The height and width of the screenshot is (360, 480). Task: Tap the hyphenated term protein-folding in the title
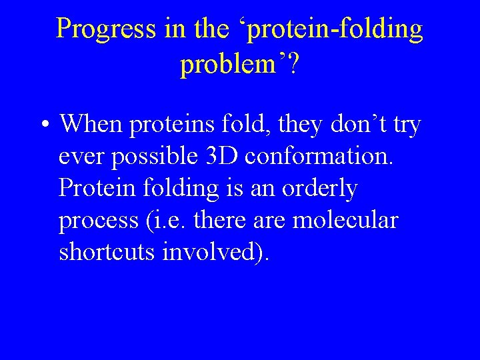(323, 29)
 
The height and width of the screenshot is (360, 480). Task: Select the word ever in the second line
(83, 157)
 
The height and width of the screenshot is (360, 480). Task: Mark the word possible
(153, 157)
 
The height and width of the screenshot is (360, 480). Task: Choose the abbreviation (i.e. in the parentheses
(167, 221)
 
